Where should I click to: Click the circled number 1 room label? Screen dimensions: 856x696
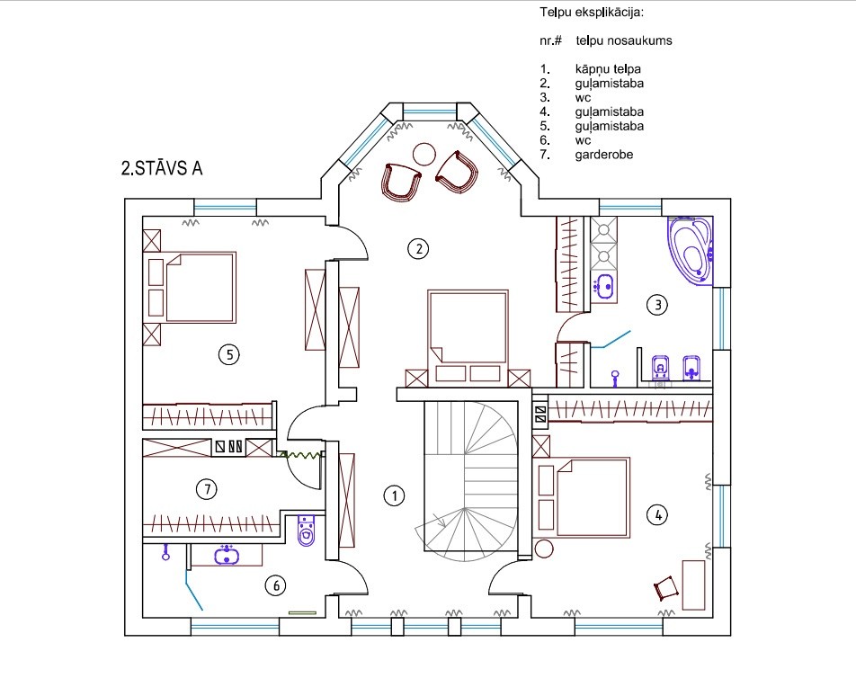394,495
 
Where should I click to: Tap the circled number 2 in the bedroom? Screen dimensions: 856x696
419,249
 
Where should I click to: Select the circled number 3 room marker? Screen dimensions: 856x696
657,305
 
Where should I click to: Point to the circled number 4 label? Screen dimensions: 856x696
657,514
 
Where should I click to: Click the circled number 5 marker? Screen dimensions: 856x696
229,355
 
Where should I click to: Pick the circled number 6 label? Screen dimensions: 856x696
276,585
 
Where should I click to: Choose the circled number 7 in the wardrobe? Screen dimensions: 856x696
207,489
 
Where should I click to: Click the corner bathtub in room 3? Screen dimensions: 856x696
691,251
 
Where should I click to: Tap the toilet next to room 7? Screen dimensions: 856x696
307,530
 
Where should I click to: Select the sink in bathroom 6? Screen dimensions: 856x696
227,555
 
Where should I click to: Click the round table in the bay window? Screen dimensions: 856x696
424,154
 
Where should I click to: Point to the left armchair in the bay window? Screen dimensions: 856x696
402,182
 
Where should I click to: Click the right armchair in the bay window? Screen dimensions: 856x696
457,172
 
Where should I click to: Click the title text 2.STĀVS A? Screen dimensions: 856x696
162,168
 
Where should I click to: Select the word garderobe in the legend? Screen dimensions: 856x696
604,155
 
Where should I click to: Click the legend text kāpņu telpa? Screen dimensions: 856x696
608,69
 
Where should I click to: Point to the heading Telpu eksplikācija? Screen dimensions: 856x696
592,12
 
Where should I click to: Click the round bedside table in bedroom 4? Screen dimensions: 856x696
544,548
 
